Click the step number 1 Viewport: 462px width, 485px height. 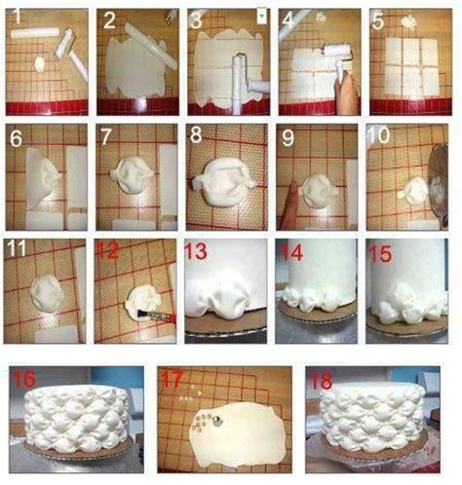click(17, 17)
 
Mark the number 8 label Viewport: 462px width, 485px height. click(198, 134)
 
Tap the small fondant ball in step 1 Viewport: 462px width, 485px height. click(40, 63)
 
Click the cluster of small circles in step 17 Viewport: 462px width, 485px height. click(202, 423)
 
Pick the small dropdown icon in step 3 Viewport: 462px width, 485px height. click(260, 17)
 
